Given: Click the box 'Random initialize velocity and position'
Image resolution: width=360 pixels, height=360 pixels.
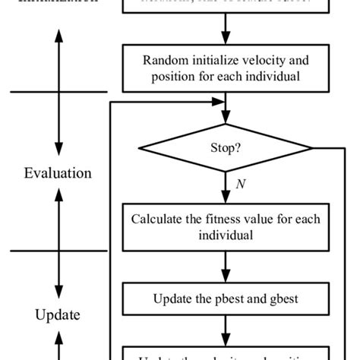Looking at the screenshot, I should [225, 67].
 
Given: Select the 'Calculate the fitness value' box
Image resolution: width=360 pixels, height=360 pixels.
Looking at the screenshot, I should [225, 228].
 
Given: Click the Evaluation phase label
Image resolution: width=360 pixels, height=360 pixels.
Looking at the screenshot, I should [58, 173].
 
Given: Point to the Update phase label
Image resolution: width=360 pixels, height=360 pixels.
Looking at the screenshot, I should [58, 314].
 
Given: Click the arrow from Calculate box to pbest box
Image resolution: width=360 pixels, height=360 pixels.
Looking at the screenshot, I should [225, 267].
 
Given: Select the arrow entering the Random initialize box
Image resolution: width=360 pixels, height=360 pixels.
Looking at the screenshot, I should [225, 34].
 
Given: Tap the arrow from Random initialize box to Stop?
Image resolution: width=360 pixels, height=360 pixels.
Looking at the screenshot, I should [225, 103].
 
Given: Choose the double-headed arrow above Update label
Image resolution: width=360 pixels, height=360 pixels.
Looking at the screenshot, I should [58, 247].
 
